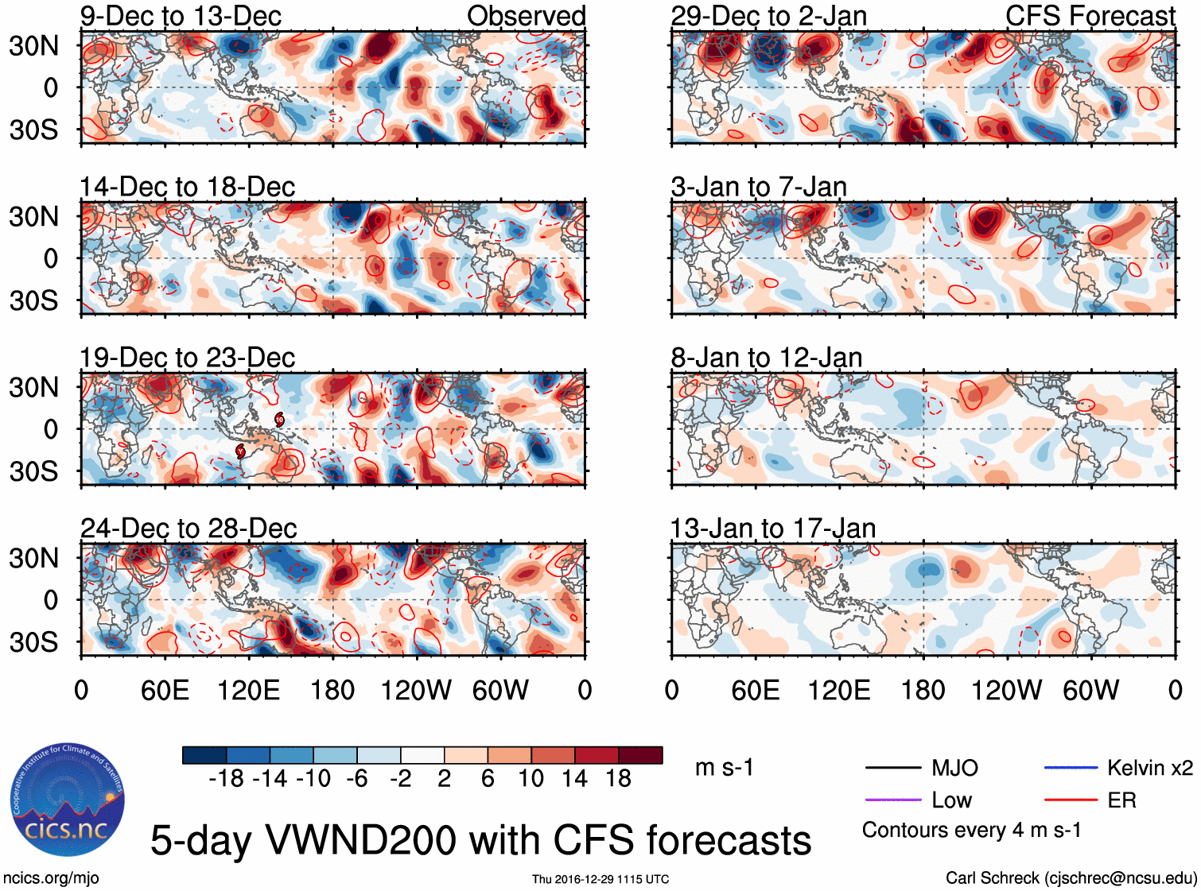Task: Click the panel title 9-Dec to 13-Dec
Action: (x=181, y=16)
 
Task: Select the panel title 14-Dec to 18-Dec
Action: (x=187, y=187)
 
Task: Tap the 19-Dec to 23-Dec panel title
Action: (x=187, y=358)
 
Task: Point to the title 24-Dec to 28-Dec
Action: (x=189, y=529)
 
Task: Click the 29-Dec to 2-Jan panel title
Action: (x=768, y=16)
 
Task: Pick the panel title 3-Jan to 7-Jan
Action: (x=758, y=187)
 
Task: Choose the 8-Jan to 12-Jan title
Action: (x=766, y=358)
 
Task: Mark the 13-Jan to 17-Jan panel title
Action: (x=772, y=529)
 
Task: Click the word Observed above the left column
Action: (x=526, y=16)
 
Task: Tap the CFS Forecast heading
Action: (x=1090, y=16)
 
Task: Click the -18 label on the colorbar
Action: (x=226, y=779)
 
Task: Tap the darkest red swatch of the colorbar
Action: (x=640, y=755)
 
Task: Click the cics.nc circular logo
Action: (x=67, y=800)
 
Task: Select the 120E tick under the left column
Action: (x=248, y=690)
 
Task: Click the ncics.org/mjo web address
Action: (x=51, y=877)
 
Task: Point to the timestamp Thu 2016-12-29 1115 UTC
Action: (x=600, y=879)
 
